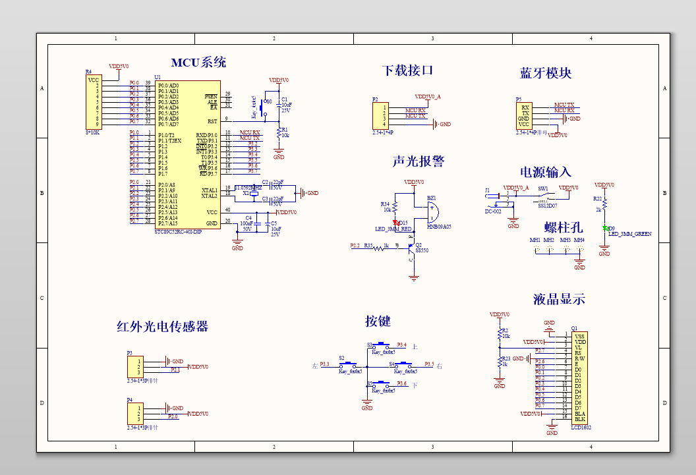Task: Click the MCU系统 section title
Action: coord(198,63)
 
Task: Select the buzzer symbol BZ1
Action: coord(430,213)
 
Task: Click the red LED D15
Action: coord(396,222)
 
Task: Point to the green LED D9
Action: coord(604,228)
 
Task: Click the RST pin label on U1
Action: coord(212,121)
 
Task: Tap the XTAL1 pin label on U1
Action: coord(209,190)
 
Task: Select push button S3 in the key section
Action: coord(382,345)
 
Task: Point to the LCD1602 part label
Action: coord(581,427)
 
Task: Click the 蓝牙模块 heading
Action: coord(546,73)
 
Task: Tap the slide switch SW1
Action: coord(544,196)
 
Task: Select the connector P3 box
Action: coord(135,366)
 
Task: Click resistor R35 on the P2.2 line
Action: coord(379,246)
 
